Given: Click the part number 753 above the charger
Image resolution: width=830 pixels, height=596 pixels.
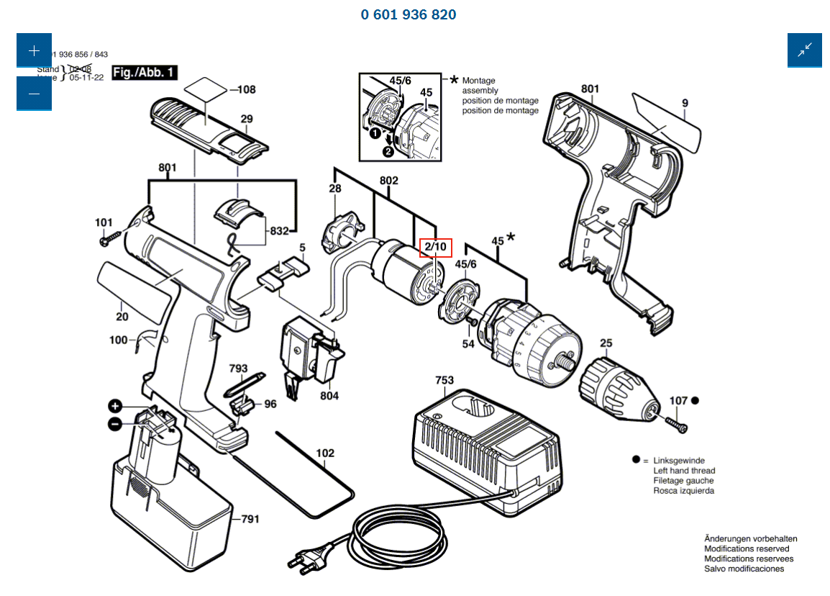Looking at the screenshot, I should (x=444, y=379).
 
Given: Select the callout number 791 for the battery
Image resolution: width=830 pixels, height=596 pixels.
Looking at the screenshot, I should (x=250, y=518).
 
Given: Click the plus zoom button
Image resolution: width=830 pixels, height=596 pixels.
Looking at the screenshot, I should (x=34, y=51).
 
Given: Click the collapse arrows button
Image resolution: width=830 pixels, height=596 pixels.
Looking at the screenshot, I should (x=804, y=50).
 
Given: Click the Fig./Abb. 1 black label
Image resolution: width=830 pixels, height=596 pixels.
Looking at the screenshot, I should (x=144, y=73).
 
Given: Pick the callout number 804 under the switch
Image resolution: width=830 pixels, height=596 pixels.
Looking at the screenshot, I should (x=329, y=396).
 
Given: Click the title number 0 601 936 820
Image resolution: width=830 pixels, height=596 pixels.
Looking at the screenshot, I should (x=409, y=14).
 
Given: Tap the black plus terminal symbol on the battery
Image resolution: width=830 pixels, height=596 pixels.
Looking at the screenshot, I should (x=116, y=405).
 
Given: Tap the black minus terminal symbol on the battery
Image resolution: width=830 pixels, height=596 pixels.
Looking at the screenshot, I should (x=115, y=425).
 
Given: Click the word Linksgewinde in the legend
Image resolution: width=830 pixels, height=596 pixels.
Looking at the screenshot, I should (x=678, y=461).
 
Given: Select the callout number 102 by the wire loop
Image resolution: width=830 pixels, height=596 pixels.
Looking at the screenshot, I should (x=325, y=453).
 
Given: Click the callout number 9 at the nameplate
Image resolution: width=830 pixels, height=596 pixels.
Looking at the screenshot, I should (x=685, y=104).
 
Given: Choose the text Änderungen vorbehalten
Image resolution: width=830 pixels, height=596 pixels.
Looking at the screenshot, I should (x=750, y=538).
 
